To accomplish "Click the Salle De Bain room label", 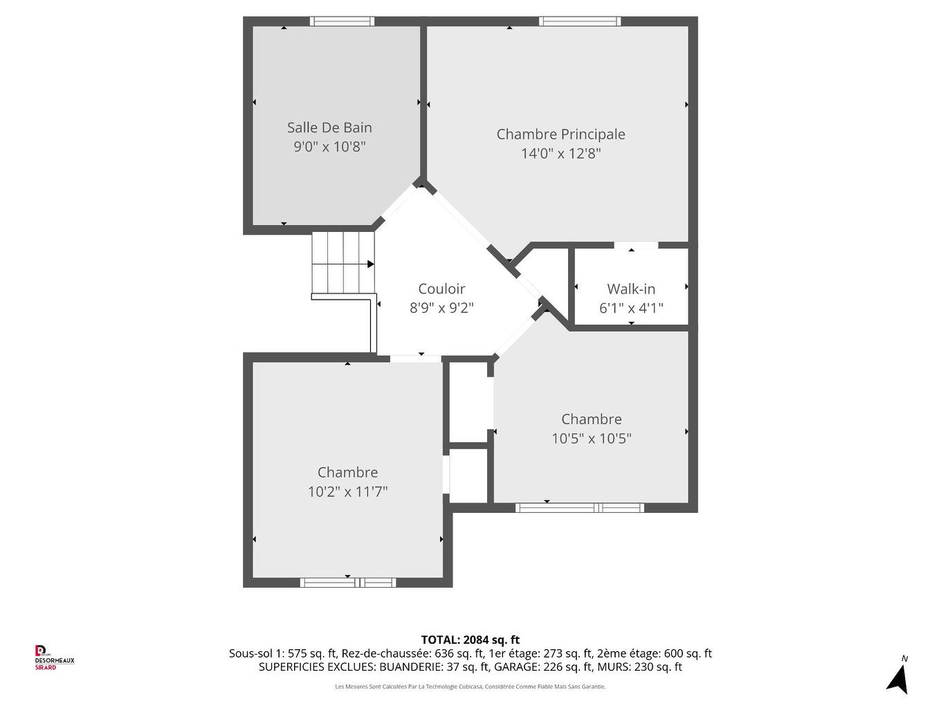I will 329,127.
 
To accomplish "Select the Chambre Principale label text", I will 560,134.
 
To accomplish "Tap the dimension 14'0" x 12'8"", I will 560,154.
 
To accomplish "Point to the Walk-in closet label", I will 631,289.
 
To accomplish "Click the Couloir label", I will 441,289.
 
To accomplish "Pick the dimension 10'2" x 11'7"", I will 347,492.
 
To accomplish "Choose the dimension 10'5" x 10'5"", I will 591,439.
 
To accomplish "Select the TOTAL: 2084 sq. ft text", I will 470,640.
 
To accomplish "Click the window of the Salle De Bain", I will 342,21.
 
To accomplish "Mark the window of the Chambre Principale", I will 580,21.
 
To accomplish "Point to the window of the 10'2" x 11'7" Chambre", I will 348,583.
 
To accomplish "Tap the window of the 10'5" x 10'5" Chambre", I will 580,508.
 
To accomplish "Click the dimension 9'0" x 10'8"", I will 329,147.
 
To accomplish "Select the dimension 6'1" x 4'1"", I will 631,308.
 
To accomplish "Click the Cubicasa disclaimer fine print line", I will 470,687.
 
